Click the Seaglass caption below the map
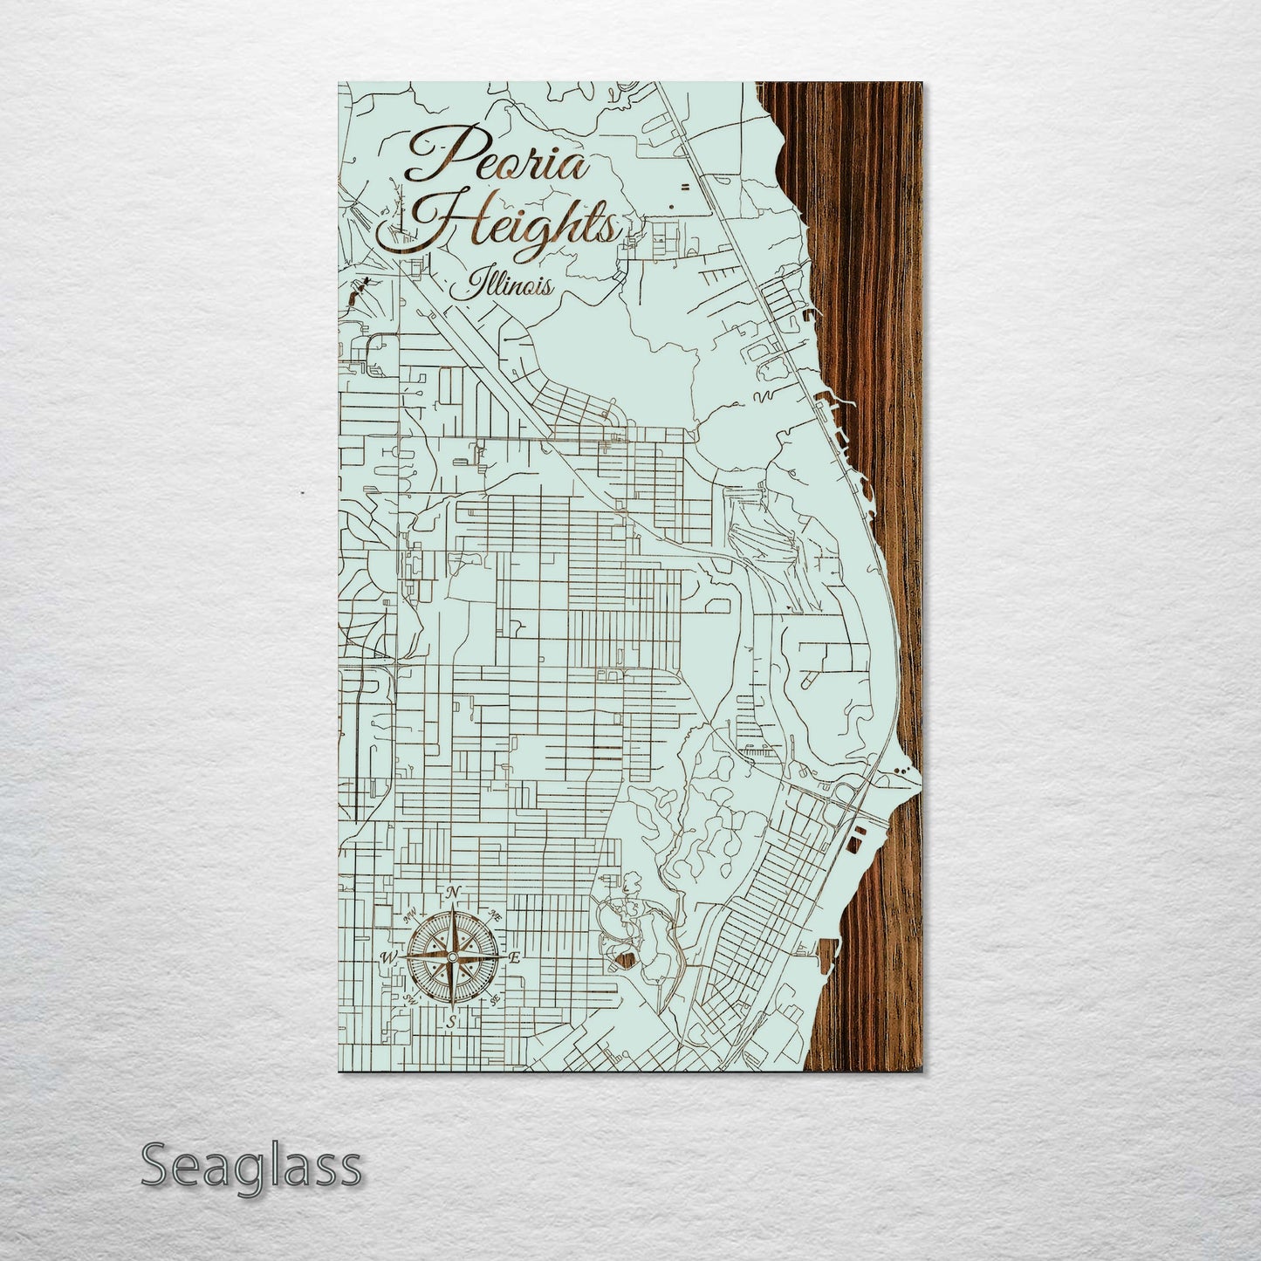250,1166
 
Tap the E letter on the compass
515,958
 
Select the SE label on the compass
495,999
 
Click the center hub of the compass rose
451,958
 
